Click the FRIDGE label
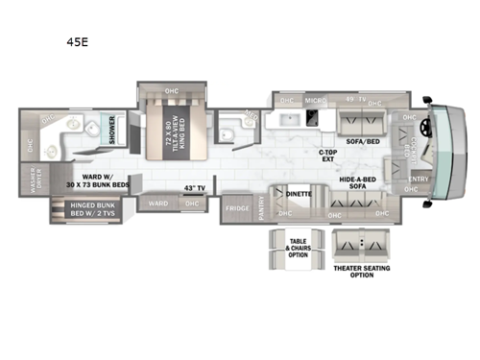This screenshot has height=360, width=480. point(237,208)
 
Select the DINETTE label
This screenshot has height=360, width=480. point(299,194)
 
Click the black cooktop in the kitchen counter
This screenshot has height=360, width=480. point(315,120)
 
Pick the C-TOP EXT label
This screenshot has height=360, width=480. point(330,155)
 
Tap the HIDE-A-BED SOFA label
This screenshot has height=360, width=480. point(357,182)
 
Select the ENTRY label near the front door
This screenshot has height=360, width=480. point(419,179)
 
